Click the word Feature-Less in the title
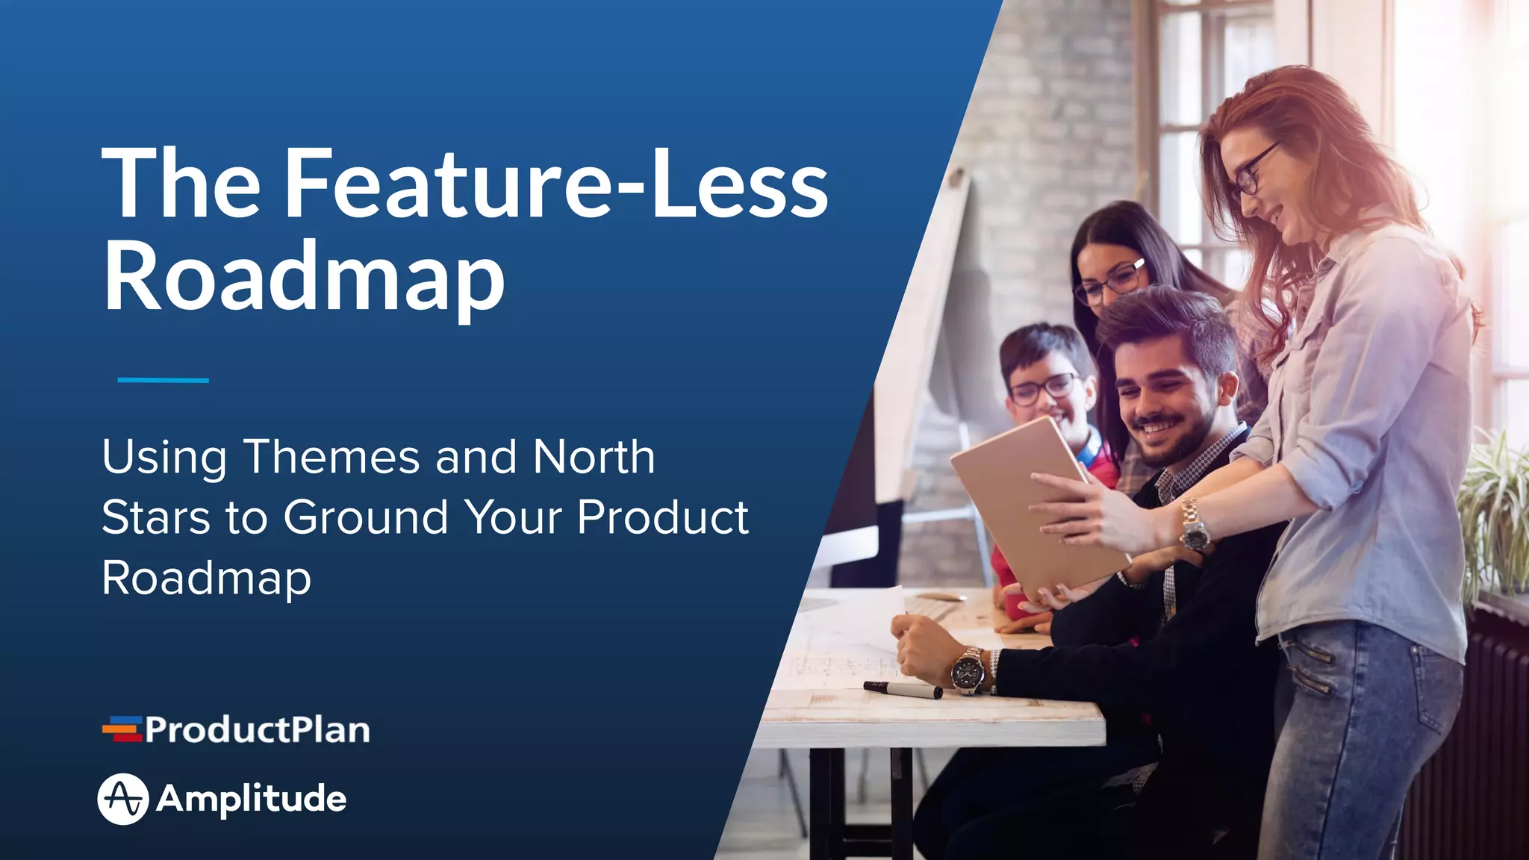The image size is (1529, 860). (x=556, y=183)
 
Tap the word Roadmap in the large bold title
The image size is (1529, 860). (x=304, y=278)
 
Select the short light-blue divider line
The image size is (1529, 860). (x=163, y=380)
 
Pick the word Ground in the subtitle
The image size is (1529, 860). (x=366, y=517)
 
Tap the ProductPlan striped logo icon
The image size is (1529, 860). (x=122, y=729)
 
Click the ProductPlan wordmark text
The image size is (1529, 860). (x=258, y=729)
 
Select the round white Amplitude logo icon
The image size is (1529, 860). (x=123, y=799)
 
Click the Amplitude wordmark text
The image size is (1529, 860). (x=252, y=799)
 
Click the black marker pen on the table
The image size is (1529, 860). (x=903, y=690)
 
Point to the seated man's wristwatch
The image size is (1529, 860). (x=968, y=669)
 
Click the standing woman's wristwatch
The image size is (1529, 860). (x=1193, y=526)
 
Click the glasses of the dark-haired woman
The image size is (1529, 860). (x=1110, y=281)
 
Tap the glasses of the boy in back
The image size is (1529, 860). (x=1043, y=388)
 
